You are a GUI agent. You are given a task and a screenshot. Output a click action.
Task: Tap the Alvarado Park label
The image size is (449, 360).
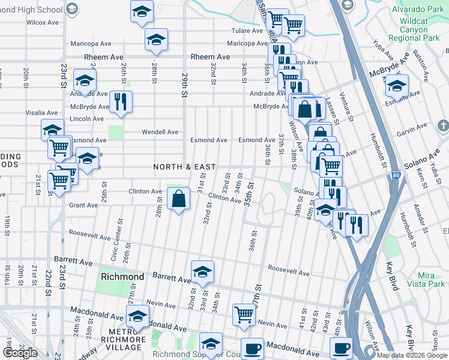point(417,10)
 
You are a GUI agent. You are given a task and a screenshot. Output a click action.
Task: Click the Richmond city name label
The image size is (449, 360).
point(122,277)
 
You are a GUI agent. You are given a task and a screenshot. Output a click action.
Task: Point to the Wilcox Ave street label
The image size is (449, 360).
point(42,22)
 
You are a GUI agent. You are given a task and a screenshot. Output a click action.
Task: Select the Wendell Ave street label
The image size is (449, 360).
point(160,132)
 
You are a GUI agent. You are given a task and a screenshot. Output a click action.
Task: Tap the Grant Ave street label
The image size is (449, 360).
point(83,205)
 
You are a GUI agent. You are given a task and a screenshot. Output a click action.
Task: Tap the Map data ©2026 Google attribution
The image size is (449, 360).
point(412,355)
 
